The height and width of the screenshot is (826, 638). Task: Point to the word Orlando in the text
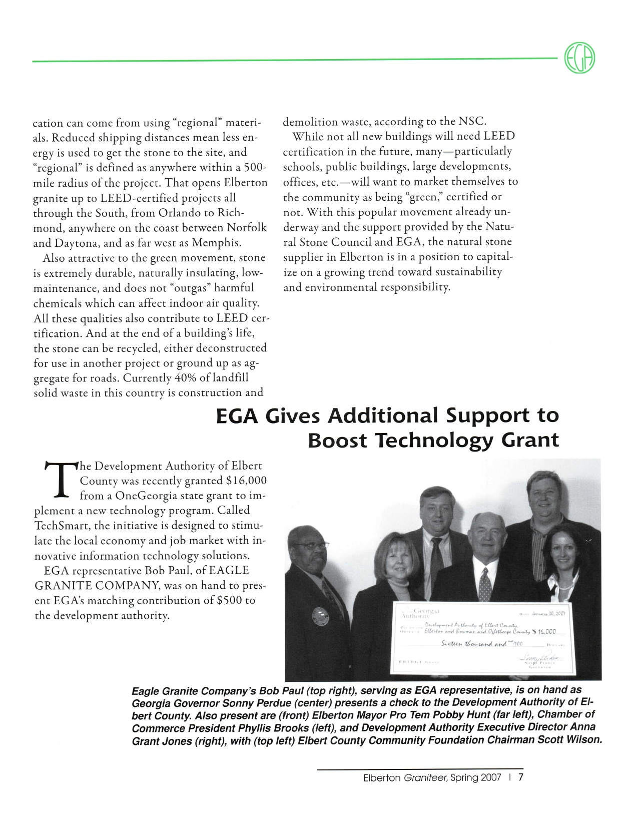[179, 213]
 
